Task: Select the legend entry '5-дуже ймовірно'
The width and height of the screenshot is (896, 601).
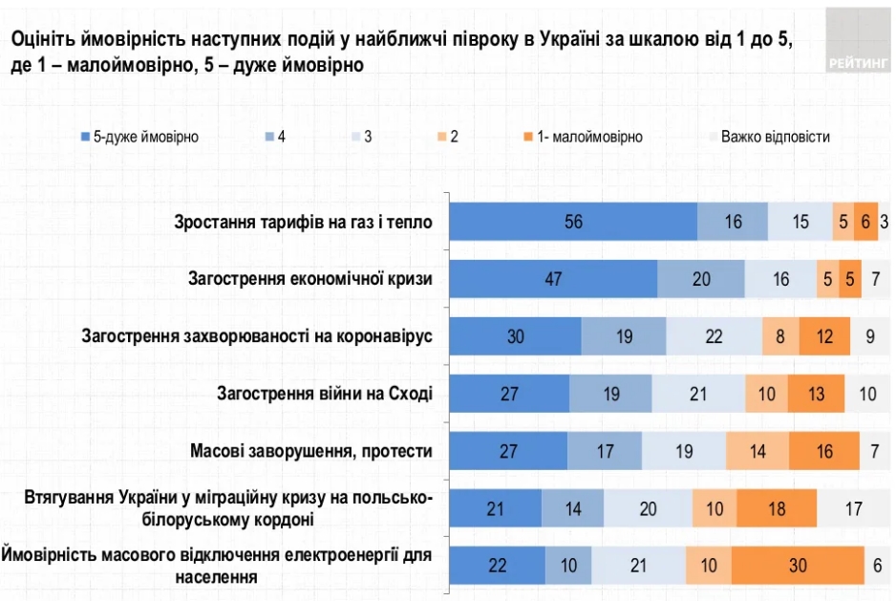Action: (x=144, y=137)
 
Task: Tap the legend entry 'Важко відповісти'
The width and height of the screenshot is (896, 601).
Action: (x=775, y=137)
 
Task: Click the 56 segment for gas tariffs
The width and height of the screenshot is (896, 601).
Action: (x=573, y=222)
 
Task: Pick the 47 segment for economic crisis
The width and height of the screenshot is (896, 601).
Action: (x=553, y=279)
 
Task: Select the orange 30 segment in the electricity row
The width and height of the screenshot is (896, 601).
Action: (x=798, y=566)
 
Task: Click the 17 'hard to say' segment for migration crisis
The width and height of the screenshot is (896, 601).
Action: (x=853, y=508)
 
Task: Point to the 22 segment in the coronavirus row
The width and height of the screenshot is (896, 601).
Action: (x=714, y=336)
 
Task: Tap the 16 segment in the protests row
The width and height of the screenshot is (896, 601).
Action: (x=823, y=451)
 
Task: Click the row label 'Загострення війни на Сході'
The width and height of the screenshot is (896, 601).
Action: (x=325, y=394)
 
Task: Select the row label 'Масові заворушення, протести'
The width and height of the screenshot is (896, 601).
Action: (x=311, y=451)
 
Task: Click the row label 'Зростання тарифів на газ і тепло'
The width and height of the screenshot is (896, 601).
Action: (x=304, y=222)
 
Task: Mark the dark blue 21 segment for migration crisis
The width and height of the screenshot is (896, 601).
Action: (x=495, y=508)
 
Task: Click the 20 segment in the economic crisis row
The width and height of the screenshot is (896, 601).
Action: (x=701, y=279)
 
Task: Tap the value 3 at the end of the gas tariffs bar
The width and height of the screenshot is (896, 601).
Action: (x=885, y=222)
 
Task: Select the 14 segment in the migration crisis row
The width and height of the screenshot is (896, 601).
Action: (x=572, y=508)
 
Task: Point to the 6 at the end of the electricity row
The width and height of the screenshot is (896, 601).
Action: (x=878, y=566)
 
